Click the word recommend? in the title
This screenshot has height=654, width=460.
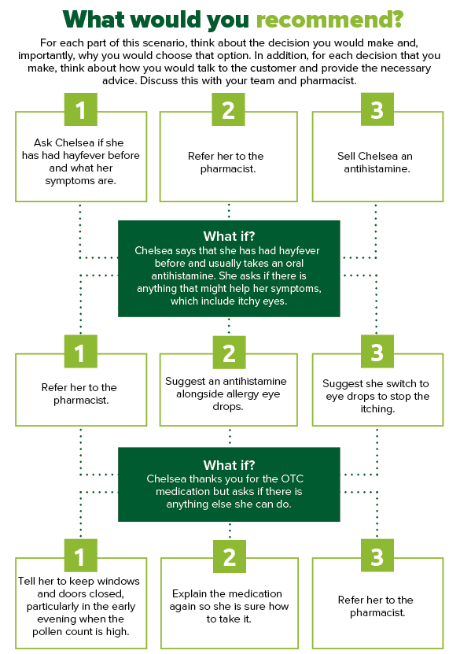point(329,20)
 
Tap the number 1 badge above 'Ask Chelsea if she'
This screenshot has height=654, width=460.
point(80,109)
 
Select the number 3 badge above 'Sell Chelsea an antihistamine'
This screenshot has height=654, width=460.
point(377,109)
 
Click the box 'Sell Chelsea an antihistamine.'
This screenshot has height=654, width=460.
point(377,157)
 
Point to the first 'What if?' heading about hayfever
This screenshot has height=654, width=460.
point(229,236)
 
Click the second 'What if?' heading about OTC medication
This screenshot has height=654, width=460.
point(229,464)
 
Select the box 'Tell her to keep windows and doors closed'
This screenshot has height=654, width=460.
point(81,603)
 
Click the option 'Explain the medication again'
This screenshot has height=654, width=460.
point(229,603)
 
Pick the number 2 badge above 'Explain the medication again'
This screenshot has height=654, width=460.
point(229,556)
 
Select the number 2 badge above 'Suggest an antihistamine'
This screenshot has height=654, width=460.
point(229,353)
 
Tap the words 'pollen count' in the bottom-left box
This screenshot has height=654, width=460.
point(61,631)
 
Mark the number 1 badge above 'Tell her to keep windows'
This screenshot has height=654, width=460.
point(80,555)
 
